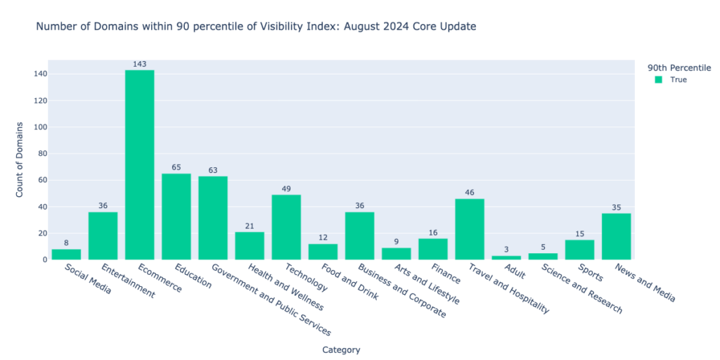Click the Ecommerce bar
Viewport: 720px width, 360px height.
tap(139, 165)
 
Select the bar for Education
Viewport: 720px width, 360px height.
tap(176, 217)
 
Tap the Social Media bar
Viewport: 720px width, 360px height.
tap(66, 255)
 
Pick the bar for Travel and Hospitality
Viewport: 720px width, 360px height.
tap(469, 229)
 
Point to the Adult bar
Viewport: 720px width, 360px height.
tap(506, 258)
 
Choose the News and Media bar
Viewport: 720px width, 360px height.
tap(616, 236)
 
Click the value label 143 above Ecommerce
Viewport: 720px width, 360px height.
tap(139, 65)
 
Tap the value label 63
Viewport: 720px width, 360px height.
tap(212, 171)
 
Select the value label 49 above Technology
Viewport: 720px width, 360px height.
tap(286, 189)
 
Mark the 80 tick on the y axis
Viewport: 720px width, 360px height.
tap(42, 153)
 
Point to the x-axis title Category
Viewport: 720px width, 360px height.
tap(342, 349)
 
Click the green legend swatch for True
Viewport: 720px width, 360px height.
tap(658, 79)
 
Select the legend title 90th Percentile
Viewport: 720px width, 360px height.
tap(679, 68)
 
